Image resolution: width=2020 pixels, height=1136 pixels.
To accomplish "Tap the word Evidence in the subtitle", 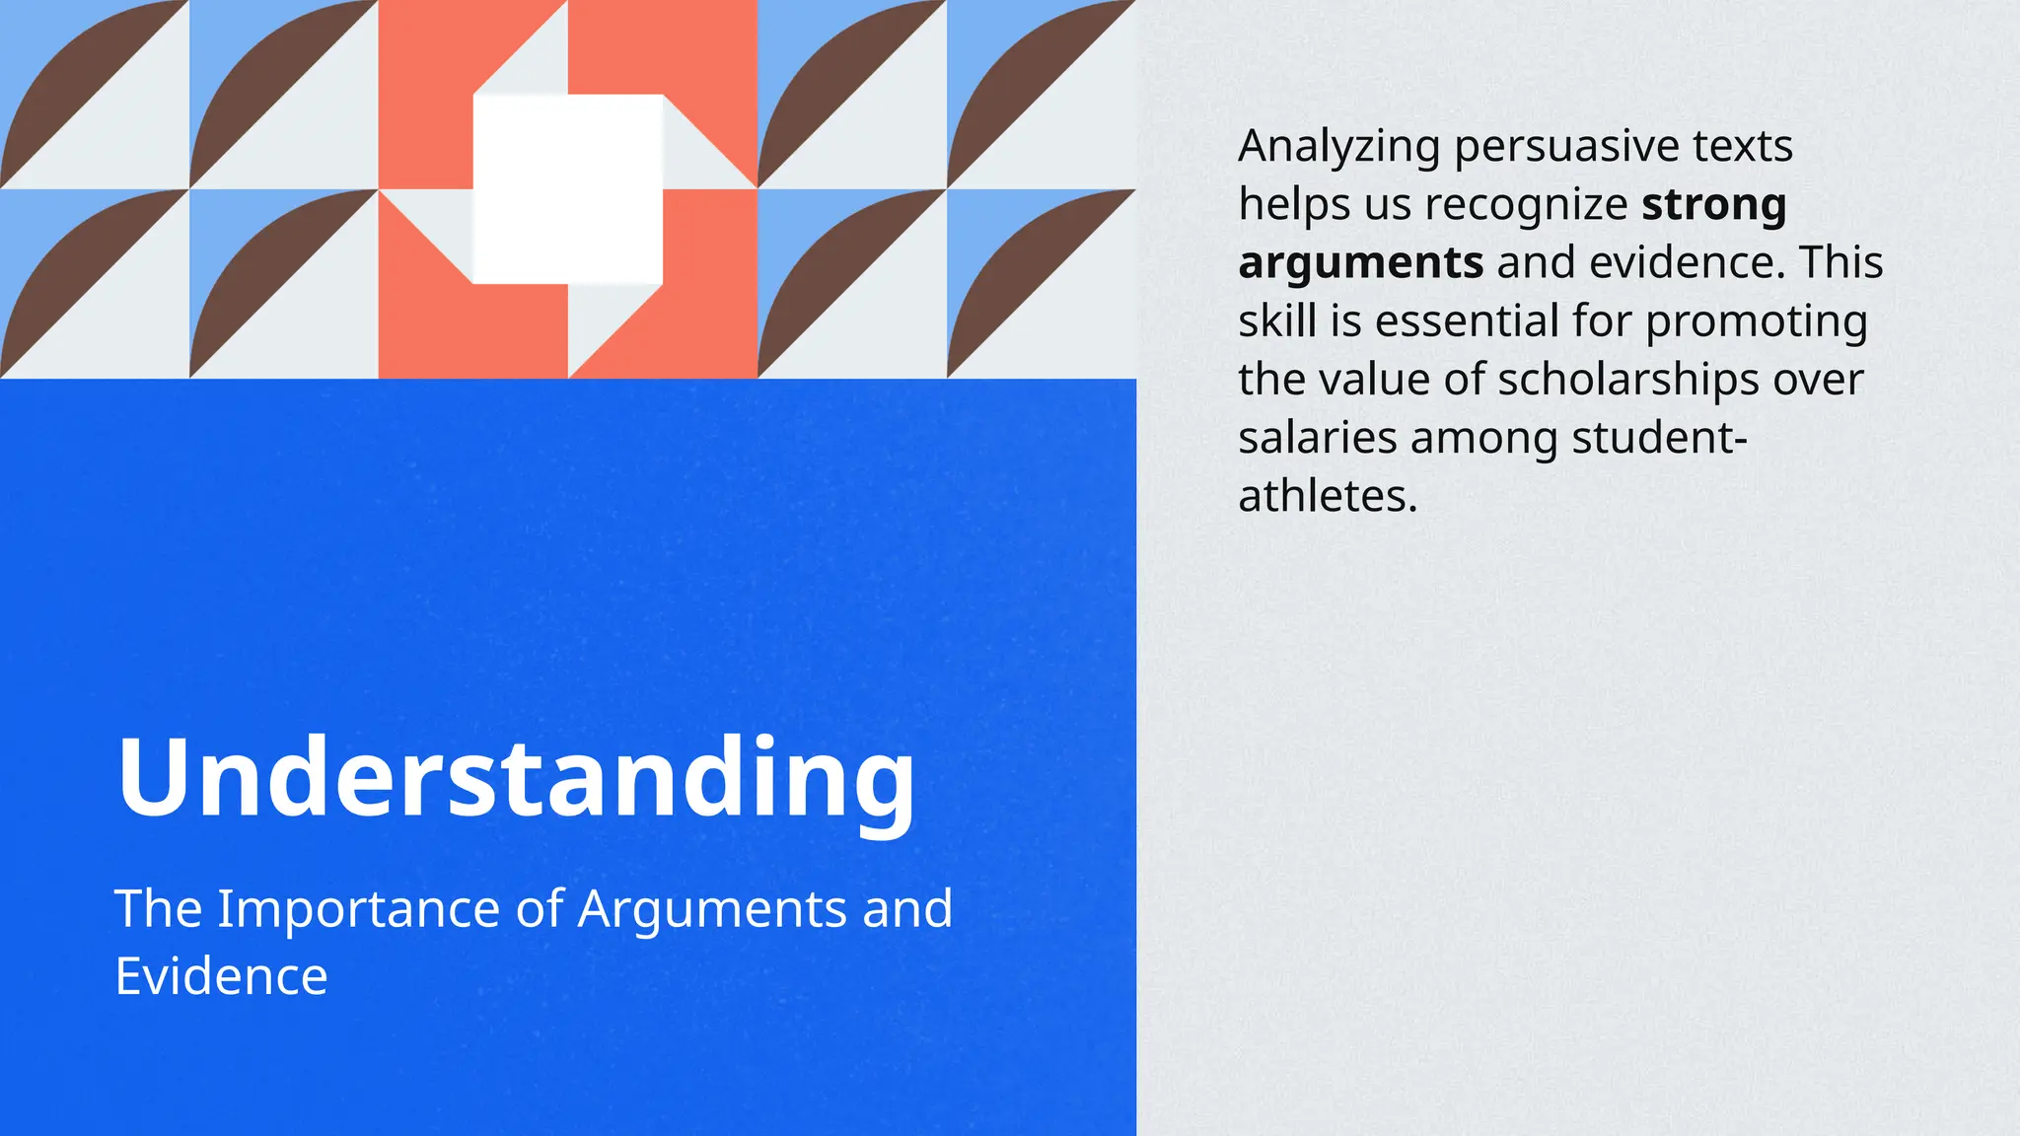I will click(221, 976).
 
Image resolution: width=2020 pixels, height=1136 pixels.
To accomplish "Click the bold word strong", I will click(1713, 206).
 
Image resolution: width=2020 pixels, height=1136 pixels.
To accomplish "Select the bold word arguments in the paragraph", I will click(1360, 264).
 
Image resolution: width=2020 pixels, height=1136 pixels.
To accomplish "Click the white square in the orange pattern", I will click(567, 188).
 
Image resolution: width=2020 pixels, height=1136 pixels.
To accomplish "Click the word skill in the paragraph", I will click(1277, 321).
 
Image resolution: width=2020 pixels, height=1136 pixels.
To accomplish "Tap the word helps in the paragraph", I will click(1293, 206).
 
